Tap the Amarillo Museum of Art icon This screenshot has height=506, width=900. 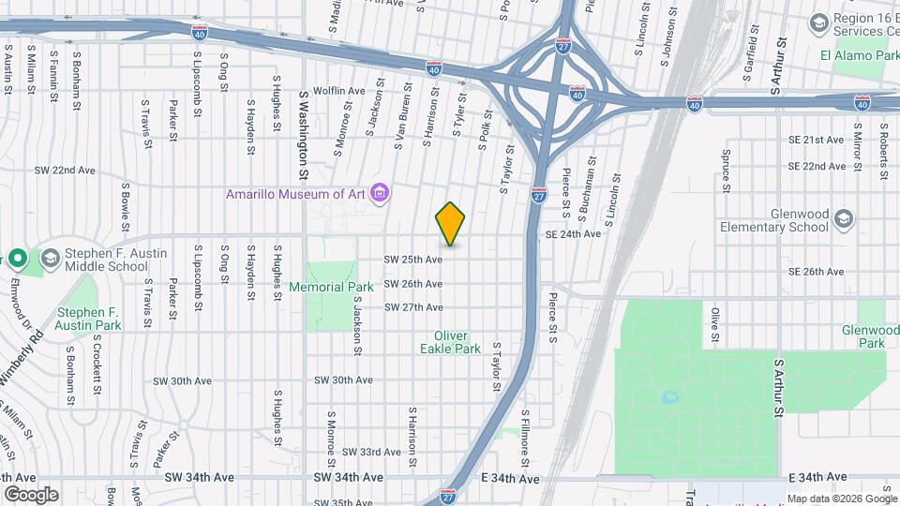pos(380,194)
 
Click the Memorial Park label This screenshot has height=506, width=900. pos(331,287)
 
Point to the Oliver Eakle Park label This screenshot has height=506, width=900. pos(457,342)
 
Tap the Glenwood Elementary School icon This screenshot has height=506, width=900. pos(844,219)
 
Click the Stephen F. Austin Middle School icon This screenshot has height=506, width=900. pos(49,258)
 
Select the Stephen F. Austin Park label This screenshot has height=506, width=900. pos(89,319)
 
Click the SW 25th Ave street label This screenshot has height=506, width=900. pos(413,259)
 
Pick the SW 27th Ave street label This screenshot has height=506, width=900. pos(413,307)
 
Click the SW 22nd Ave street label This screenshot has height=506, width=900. pos(65,171)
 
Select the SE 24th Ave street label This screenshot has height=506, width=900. pos(574,234)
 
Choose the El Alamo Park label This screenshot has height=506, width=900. pos(859,55)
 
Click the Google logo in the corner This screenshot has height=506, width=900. pos(31,494)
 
